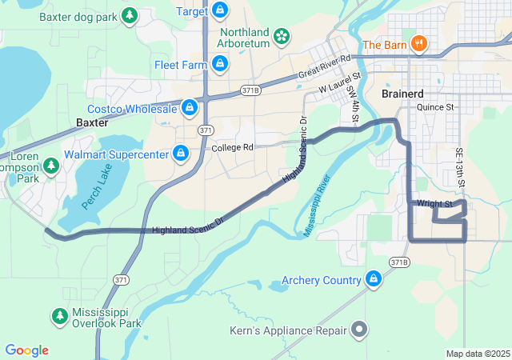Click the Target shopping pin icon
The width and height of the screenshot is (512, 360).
[222, 11]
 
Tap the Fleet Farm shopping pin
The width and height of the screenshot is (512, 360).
[220, 63]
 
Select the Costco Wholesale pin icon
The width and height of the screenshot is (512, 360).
[190, 107]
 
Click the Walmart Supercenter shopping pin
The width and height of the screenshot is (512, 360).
[182, 153]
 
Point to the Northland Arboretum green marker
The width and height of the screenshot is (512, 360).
[281, 35]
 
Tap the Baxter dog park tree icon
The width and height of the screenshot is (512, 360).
[129, 15]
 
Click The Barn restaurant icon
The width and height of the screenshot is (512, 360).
[418, 43]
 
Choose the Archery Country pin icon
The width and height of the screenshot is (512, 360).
[373, 279]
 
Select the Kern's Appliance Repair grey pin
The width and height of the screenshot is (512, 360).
[359, 330]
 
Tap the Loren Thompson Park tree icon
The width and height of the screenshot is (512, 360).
[51, 165]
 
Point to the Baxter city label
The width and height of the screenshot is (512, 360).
[92, 122]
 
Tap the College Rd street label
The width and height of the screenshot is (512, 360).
[233, 148]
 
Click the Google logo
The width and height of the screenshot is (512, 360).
[27, 350]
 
